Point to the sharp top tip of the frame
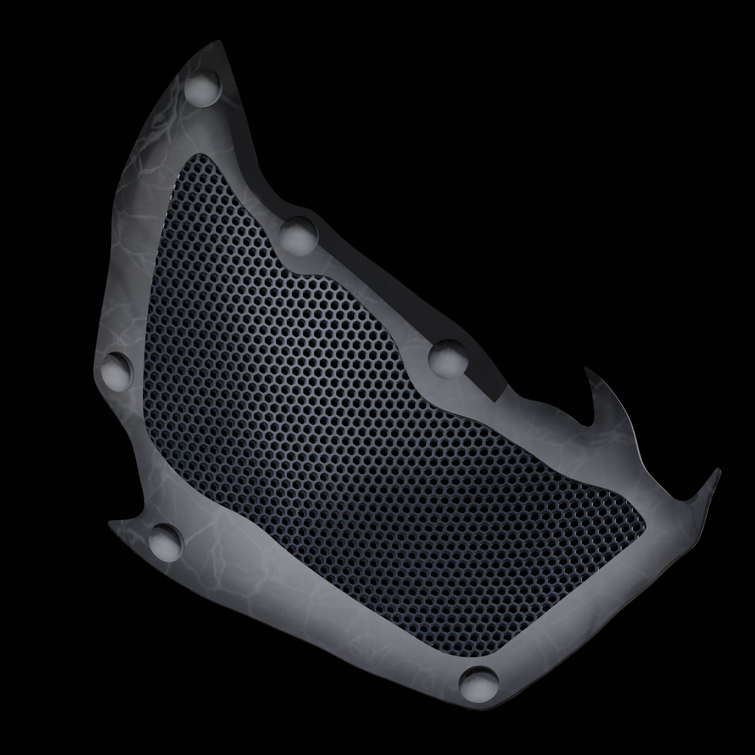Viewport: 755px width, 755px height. point(221,41)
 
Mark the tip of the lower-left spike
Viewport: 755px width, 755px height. point(110,523)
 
